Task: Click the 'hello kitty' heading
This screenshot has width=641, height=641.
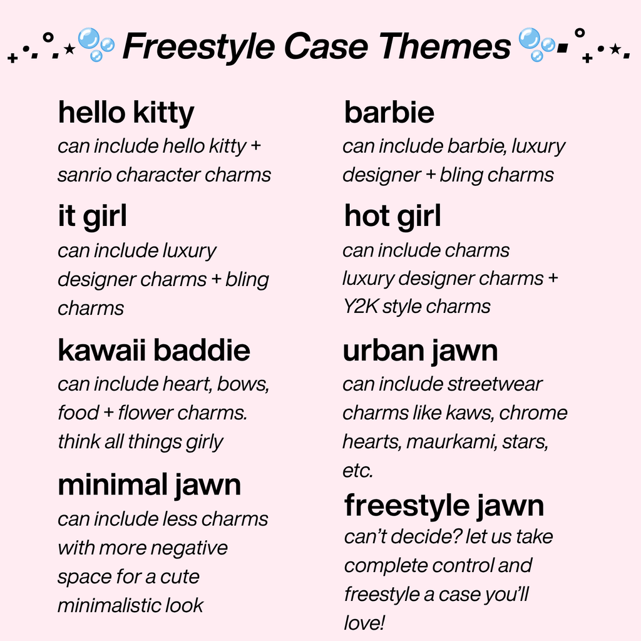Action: [126, 113]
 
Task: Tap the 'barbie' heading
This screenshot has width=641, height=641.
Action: [389, 113]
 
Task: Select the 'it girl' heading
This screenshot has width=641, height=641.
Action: [92, 217]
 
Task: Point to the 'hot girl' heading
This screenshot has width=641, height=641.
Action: [392, 217]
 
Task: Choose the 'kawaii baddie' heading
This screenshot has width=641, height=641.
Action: [154, 351]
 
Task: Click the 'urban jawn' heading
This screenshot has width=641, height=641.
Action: [420, 351]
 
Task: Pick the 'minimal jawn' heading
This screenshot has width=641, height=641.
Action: [149, 486]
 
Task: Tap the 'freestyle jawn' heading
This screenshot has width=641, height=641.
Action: [444, 506]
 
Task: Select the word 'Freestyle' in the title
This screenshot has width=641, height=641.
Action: [198, 46]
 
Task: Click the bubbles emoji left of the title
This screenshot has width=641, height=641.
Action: [96, 44]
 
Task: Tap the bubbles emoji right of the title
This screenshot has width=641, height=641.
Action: [537, 44]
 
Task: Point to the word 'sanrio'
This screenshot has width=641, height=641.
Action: [85, 175]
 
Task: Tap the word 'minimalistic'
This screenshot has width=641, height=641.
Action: [105, 605]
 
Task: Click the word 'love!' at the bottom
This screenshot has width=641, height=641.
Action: [364, 623]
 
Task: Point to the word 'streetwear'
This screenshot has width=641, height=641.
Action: [495, 384]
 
